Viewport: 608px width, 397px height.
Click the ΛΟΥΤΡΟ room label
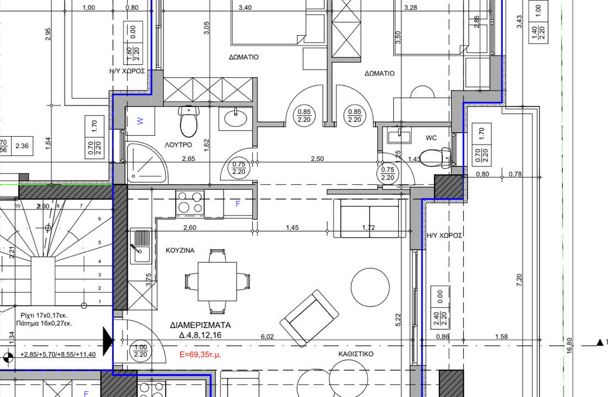[178, 145]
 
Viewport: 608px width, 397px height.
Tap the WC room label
[431, 138]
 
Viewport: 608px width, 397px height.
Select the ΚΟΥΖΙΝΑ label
[180, 250]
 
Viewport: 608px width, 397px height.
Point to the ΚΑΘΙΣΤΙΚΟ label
[356, 354]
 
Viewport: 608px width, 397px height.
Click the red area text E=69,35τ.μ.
[200, 355]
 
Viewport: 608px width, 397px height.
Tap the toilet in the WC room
[435, 158]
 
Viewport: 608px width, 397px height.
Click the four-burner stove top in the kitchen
[190, 202]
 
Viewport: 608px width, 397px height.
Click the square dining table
[217, 281]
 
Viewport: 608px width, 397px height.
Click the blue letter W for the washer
[140, 121]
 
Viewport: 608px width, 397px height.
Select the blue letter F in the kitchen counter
[238, 203]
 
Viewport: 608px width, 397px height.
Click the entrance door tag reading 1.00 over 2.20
[140, 351]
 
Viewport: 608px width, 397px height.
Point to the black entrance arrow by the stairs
[108, 341]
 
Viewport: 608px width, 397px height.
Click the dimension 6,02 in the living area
[267, 336]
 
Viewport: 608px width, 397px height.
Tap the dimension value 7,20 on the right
[519, 280]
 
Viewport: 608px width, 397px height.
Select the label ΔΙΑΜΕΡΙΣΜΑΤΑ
[200, 325]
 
